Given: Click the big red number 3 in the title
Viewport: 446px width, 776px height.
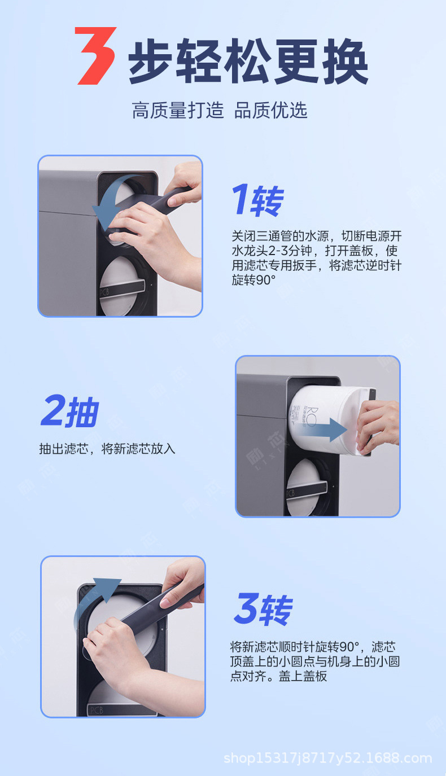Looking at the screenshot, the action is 95,55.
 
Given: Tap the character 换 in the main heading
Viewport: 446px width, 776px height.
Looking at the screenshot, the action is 345,62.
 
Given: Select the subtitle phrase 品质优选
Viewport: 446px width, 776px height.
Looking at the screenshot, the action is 270,110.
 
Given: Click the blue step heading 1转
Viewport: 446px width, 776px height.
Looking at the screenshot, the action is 258,200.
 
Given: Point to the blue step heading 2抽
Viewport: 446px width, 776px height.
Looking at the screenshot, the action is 70,411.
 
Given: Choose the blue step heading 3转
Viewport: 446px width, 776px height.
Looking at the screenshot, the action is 264,609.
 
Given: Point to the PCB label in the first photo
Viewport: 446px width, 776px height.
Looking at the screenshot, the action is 104,292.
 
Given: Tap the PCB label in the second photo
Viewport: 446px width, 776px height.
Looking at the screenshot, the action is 290,493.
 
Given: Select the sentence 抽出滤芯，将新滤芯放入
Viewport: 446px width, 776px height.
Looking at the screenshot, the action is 107,449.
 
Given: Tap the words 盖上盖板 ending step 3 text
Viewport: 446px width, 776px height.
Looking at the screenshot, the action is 303,676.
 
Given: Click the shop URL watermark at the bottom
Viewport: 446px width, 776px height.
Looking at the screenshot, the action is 328,758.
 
